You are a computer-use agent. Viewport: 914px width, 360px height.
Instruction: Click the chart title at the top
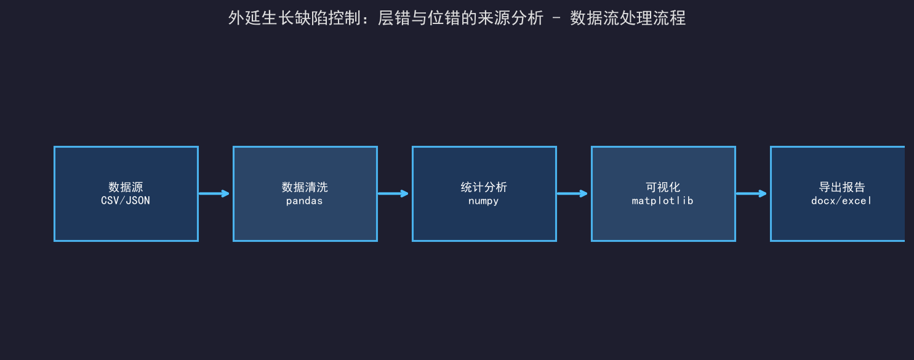coord(457,18)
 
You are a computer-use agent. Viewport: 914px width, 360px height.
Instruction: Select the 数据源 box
coord(126,193)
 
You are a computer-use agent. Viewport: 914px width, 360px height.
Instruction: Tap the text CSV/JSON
coord(126,201)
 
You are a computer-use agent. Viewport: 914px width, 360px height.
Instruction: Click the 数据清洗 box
coord(305,193)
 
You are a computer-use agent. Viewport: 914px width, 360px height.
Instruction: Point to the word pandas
coord(305,201)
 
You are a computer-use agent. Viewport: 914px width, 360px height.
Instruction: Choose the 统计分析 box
coord(484,193)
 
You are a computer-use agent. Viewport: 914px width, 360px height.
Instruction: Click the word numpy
coord(484,201)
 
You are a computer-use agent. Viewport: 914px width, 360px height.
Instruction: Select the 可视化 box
coord(663,193)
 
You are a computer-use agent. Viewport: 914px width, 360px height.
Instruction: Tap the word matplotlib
coord(663,201)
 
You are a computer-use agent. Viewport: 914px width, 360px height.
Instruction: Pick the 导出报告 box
coord(838,193)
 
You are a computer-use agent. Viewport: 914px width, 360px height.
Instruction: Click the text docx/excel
coord(841,201)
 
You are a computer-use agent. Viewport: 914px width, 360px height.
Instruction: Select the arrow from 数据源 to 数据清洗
coord(214,193)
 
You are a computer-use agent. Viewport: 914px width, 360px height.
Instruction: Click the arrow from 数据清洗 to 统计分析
coord(393,193)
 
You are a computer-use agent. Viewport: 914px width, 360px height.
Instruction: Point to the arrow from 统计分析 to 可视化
coord(572,193)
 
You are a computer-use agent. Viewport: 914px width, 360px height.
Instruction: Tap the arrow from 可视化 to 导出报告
coord(752,193)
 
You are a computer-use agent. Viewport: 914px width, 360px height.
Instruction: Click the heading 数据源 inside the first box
coord(126,187)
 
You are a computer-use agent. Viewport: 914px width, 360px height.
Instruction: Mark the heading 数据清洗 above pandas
coord(305,187)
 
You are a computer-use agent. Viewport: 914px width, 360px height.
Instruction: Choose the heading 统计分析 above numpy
coord(484,187)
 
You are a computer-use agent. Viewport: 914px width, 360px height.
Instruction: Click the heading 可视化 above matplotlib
coord(663,187)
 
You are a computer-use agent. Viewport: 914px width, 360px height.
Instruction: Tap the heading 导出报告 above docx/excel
coord(842,187)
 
